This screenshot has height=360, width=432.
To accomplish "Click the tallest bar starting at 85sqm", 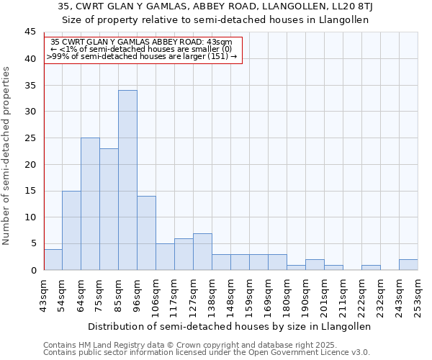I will pos(127,180).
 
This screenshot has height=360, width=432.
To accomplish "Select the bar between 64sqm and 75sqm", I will pos(90,204).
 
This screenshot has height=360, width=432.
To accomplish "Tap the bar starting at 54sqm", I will pos(71,230).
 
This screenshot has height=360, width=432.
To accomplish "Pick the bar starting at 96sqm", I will pos(146,233).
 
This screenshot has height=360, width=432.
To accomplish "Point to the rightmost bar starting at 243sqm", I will pos(408,265).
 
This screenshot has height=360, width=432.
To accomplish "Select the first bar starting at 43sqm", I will pos(53,260).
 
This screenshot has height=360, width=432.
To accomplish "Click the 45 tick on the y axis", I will pos(30,32).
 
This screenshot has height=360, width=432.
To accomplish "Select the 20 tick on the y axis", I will pos(30,164).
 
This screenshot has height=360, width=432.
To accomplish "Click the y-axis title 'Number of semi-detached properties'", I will pos(7,155).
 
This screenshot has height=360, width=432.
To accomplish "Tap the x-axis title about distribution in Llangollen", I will pos(230,326).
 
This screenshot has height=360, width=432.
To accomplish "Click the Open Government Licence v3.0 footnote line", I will pos(207,353).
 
